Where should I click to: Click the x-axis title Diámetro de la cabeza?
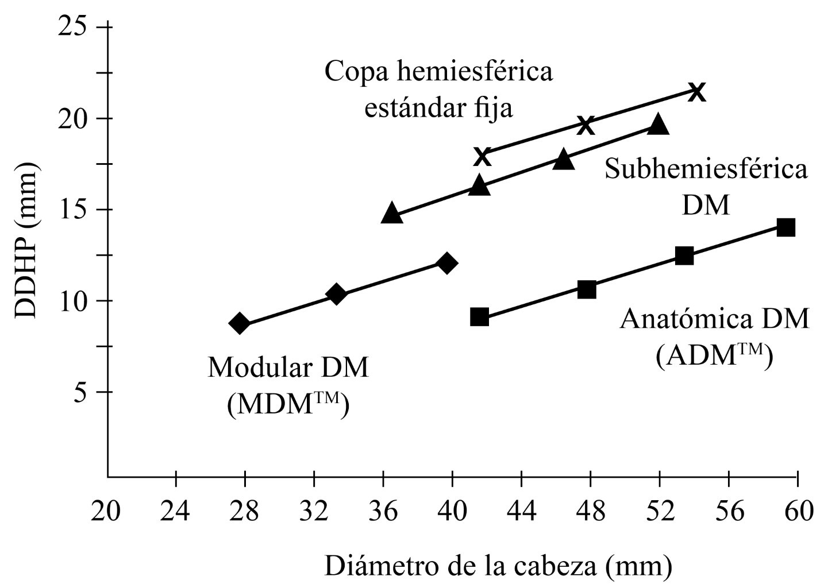pos(498,566)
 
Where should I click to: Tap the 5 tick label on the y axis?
pos(81,393)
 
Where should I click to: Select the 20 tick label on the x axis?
pos(106,510)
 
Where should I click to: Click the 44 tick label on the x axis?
pos(522,510)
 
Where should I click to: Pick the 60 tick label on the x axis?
pos(798,510)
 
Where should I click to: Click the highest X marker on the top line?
pos(696,91)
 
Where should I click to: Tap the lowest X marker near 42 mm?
pos(483,156)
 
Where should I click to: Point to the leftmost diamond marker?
pos(240,324)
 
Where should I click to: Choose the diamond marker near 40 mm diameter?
pos(446,264)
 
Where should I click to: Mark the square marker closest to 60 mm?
pos(785,227)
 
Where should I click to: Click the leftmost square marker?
pos(479,317)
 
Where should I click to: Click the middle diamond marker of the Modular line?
pos(337,295)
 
